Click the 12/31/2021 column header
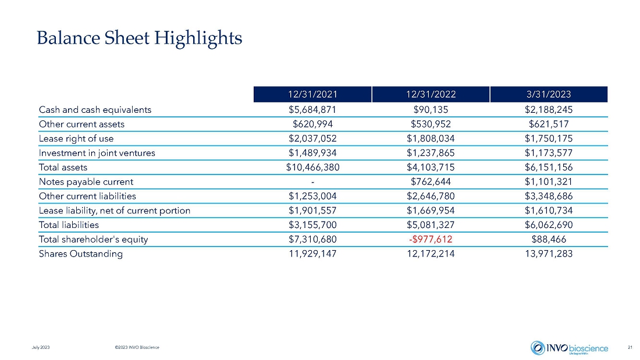[x=312, y=94]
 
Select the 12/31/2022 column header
[x=431, y=94]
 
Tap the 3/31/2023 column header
[x=549, y=94]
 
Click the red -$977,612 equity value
[x=431, y=239]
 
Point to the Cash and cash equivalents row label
[x=95, y=110]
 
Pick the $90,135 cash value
[x=431, y=110]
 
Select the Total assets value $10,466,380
[x=312, y=167]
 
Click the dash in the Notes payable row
[x=312, y=182]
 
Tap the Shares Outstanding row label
[x=81, y=254]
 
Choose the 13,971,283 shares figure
[x=549, y=254]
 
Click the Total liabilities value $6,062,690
[x=549, y=225]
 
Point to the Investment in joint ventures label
[x=97, y=153]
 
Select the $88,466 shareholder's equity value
[x=549, y=239]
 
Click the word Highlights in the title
[x=198, y=38]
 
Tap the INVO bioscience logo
[x=570, y=348]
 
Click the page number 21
[x=630, y=347]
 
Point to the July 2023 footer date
[x=41, y=347]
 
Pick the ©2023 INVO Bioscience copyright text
[x=137, y=347]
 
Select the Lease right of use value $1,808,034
[x=431, y=138]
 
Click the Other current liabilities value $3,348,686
[x=549, y=197]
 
